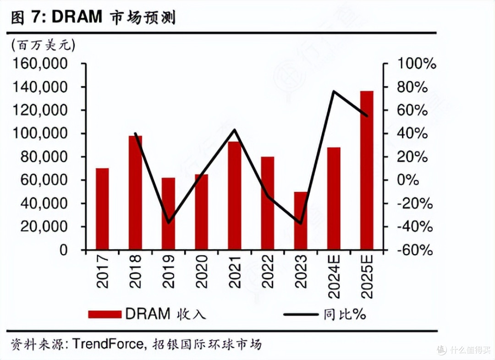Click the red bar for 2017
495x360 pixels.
pos(102,209)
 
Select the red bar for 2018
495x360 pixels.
pos(135,193)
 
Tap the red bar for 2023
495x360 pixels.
pos(301,221)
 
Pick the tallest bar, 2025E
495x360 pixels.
pos(367,170)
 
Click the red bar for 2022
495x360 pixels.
pos(268,203)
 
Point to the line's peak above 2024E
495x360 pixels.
pos(334,92)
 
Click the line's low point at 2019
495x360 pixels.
pos(169,223)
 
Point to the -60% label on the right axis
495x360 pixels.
pos(414,251)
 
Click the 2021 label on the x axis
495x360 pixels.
pos(234,271)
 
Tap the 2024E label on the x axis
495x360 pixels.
pos(333,274)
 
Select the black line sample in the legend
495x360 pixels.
pos(301,314)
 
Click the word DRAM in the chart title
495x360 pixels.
pos(77,17)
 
